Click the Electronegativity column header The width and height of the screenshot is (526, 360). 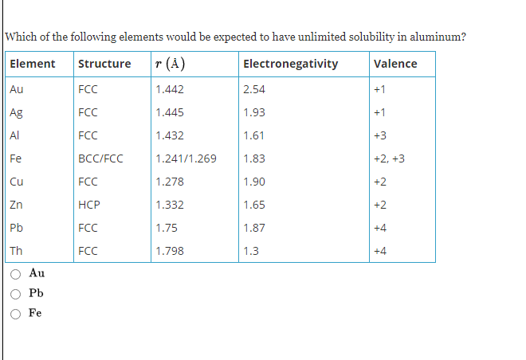[290, 64]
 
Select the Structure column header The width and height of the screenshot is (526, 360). [104, 64]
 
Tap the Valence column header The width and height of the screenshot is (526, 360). [394, 64]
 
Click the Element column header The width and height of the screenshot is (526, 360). [33, 64]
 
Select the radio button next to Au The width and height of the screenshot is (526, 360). [15, 273]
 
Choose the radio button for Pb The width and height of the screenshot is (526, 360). [15, 293]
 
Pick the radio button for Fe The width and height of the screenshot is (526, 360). [15, 313]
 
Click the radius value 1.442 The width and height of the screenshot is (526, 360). [170, 89]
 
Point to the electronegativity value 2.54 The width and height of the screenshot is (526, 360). [254, 89]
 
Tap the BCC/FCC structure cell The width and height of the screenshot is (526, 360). [100, 158]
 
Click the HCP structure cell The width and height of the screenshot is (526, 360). [88, 205]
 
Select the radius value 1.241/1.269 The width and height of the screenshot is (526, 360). [186, 158]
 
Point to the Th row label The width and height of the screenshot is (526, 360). [16, 251]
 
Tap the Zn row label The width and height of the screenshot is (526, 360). [16, 205]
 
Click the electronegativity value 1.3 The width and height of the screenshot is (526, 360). [250, 251]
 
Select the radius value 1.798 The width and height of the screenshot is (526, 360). [170, 251]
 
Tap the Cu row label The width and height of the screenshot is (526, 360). [16, 182]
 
